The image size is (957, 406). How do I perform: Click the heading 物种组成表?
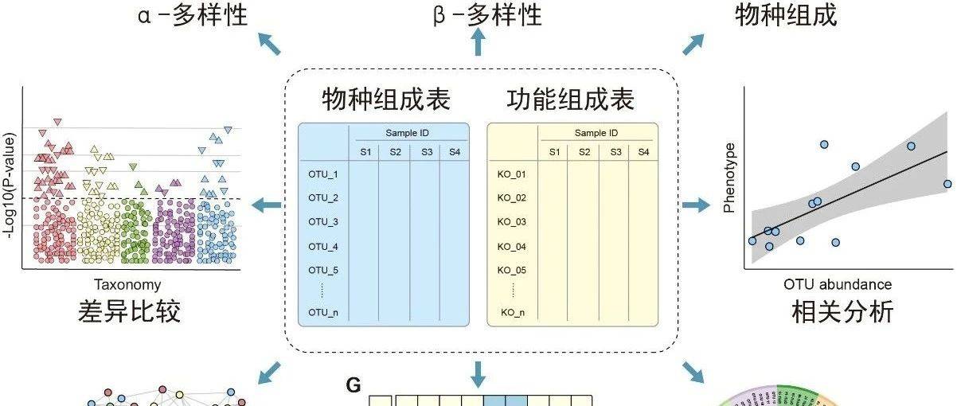pos(386,100)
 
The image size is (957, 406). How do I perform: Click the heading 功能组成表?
pos(571,100)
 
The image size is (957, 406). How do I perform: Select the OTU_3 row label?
pos(323,222)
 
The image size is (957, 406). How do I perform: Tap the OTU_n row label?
pos(323,313)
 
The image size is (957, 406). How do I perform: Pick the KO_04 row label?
pos(512,247)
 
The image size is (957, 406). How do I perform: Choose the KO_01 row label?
pos(512,174)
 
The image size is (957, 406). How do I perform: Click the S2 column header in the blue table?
pos(395,152)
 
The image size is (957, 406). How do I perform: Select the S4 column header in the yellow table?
pos(643,152)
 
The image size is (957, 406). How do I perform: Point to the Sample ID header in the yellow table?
pos(596,133)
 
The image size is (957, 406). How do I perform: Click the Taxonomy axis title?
pos(127,285)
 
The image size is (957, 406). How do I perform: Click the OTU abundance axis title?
pos(838,285)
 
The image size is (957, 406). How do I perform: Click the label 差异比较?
pos(130,311)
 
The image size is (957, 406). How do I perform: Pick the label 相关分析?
pos(843,311)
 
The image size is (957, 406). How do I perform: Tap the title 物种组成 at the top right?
pos(786,14)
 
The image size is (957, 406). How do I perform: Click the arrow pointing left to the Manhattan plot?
pos(268,206)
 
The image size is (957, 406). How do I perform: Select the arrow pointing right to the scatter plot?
pos(695,206)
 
